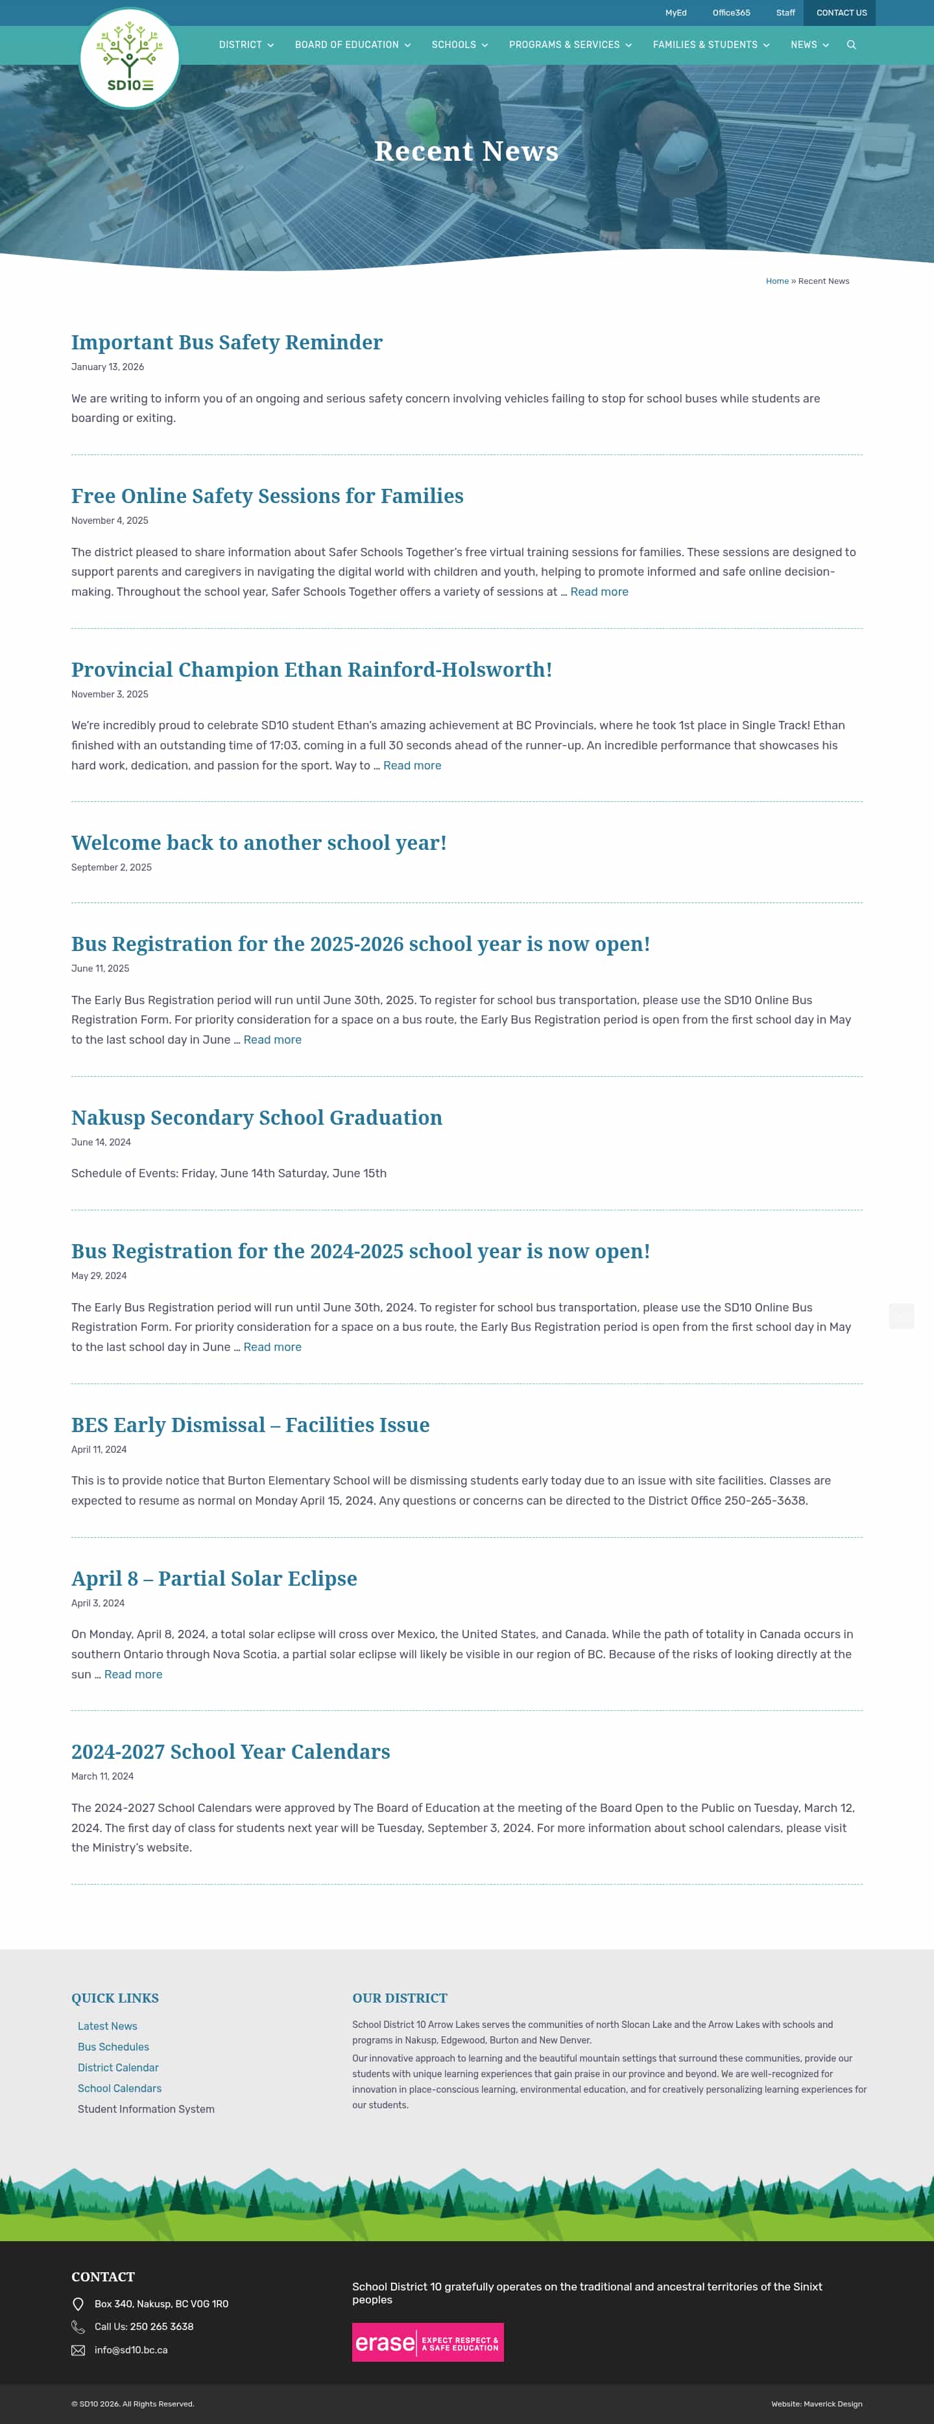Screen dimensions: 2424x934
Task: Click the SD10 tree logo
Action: (130, 58)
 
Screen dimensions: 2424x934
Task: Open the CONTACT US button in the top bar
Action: (841, 13)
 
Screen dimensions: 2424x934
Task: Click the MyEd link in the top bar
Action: (676, 13)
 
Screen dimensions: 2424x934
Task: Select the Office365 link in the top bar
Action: (730, 13)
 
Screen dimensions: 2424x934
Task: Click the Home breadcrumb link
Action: (777, 281)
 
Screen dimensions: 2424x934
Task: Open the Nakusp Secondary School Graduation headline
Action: (256, 1118)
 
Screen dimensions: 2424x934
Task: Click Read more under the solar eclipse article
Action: (133, 1674)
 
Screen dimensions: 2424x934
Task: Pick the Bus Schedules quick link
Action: (113, 2047)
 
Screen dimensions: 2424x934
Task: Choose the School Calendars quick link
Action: (119, 2088)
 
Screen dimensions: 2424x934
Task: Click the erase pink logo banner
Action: (427, 2342)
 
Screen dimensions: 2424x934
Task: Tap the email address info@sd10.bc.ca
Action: (131, 2349)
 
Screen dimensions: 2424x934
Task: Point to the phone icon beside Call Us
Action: (78, 2327)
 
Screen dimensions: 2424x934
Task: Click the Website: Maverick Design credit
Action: (817, 2403)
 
